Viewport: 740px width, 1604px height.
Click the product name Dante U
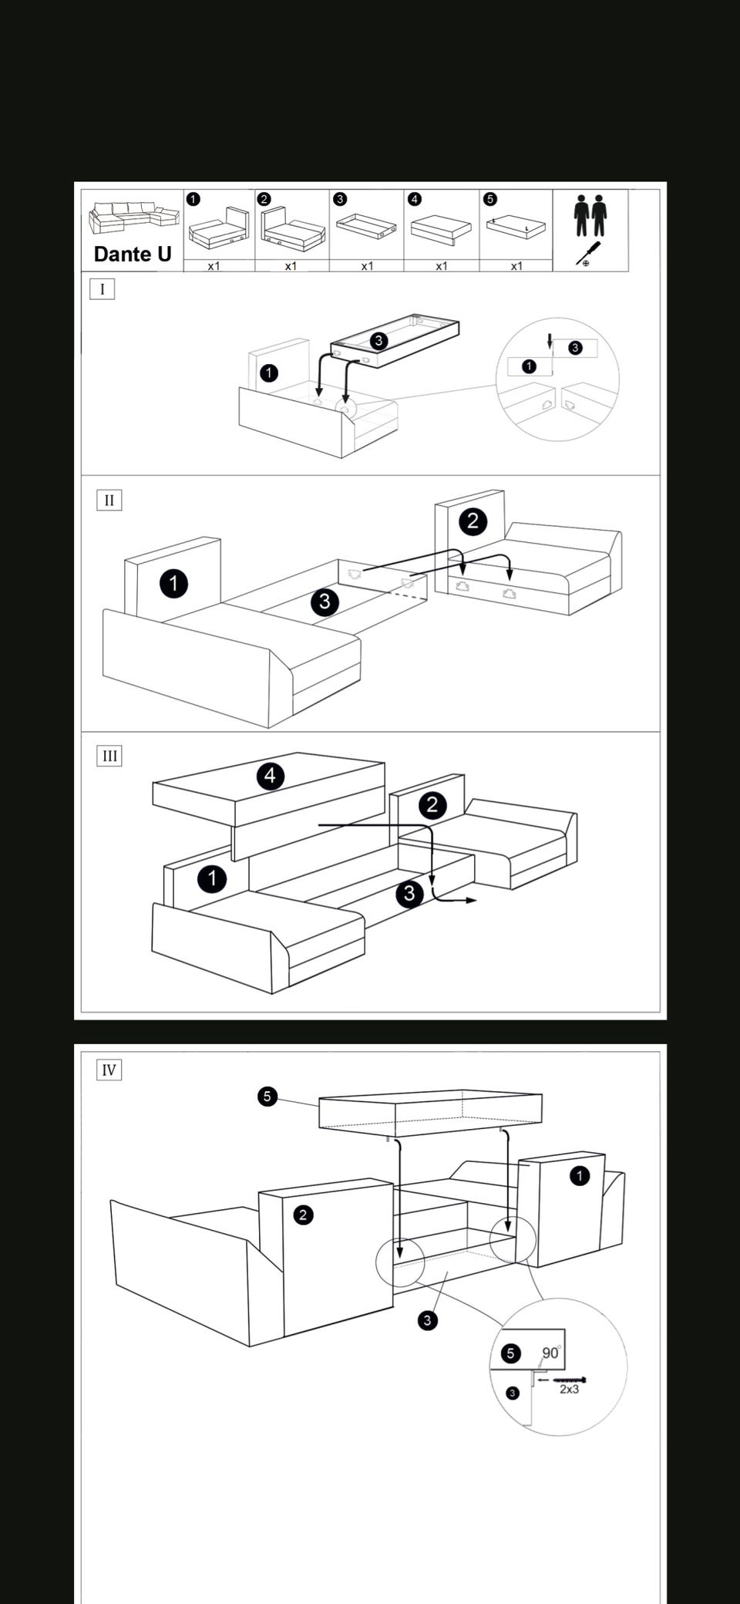tap(132, 254)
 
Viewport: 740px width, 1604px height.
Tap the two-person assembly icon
tap(590, 215)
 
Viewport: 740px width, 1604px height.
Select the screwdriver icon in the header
tap(588, 253)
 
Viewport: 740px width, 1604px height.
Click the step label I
tap(102, 289)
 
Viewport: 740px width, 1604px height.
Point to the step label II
tap(109, 500)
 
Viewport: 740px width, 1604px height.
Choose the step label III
tap(109, 756)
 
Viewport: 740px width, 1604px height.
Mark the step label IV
tap(109, 1070)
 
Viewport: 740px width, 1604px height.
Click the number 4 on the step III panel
tap(270, 776)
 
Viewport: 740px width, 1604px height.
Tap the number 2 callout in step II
tap(473, 521)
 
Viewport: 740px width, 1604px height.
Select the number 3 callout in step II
tap(325, 601)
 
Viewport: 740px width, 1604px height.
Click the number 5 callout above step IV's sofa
tap(267, 1096)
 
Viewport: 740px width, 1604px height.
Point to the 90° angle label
tap(551, 1353)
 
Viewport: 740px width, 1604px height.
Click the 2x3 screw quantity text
tap(569, 1389)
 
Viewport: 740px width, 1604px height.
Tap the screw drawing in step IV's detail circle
tap(569, 1380)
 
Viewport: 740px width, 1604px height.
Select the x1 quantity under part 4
tap(441, 266)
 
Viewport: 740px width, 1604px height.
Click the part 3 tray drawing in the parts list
tap(367, 226)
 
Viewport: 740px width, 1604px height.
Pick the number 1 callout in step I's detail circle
tap(529, 366)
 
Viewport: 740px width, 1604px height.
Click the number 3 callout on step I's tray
tap(378, 341)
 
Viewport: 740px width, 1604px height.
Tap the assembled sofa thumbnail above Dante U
tap(132, 217)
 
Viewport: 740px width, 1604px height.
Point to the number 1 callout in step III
tap(212, 878)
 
